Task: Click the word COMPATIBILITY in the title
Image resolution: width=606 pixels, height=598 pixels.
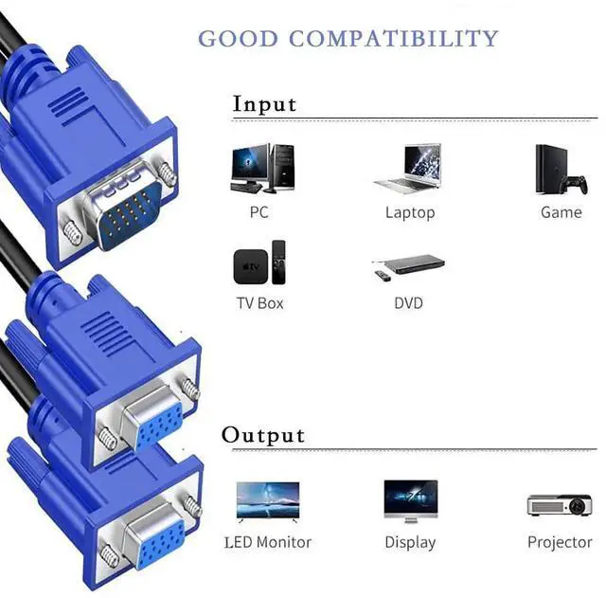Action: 393,39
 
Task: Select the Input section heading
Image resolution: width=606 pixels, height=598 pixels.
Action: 264,103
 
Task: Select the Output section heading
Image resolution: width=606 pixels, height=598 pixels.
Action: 263,435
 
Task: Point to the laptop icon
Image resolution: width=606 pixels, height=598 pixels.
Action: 408,169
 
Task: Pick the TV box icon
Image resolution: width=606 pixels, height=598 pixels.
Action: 259,262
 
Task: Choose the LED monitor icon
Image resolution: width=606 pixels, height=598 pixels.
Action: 267,500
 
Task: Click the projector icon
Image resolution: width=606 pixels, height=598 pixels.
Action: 559,505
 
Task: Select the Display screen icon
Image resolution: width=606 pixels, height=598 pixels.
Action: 410,501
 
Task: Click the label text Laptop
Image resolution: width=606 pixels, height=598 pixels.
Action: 409,212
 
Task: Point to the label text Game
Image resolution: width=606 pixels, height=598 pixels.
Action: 561,212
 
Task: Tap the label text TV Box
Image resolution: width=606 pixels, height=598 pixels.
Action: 259,303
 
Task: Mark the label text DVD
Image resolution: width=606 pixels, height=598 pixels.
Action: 408,303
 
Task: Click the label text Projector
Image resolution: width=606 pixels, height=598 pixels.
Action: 560,542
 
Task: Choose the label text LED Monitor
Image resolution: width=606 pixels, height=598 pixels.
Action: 268,542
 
